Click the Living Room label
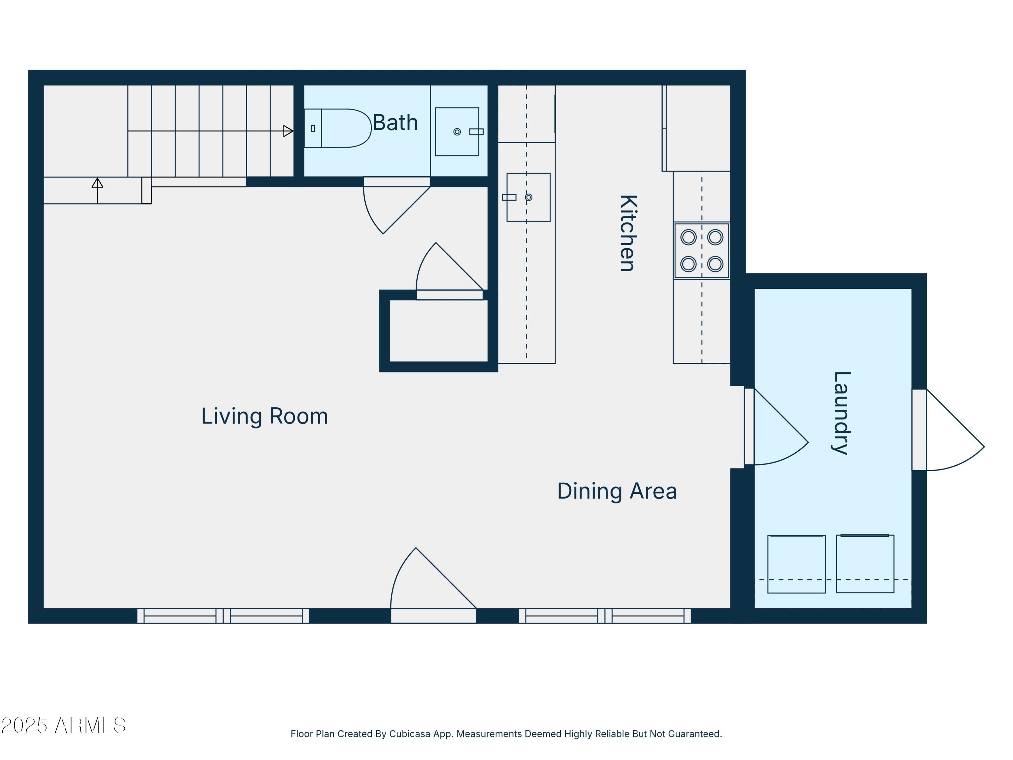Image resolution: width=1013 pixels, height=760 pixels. point(265,416)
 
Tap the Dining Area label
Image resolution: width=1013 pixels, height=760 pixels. point(617,491)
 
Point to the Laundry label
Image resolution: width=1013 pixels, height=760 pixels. point(842,413)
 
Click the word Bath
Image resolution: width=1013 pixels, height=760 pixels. point(395,122)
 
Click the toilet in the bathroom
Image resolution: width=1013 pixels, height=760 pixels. point(338,128)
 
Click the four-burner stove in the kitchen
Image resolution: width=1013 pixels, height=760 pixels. point(702,251)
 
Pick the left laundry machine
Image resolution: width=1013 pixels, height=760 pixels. point(796,564)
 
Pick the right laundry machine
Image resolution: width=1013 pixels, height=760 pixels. point(865,563)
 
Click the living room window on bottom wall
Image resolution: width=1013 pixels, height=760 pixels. point(223,616)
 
